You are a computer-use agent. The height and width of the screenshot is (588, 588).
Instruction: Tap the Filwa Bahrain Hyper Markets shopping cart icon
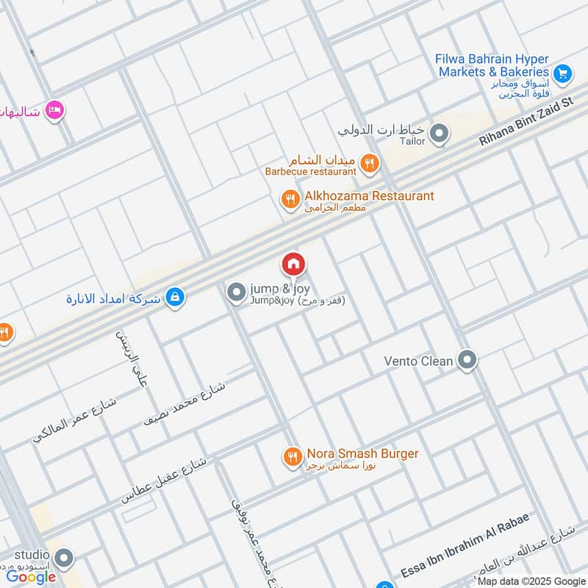pyautogui.click(x=562, y=73)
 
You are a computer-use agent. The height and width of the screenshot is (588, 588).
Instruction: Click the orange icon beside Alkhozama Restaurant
pyautogui.click(x=290, y=198)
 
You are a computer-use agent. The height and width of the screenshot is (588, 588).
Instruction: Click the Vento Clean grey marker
pyautogui.click(x=467, y=360)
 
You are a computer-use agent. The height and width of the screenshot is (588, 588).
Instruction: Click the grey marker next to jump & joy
pyautogui.click(x=236, y=293)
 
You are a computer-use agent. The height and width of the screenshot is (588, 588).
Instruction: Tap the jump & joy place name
pyautogui.click(x=275, y=289)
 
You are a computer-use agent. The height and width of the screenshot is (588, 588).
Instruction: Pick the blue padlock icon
pyautogui.click(x=175, y=298)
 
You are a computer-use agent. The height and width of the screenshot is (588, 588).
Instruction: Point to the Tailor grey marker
pyautogui.click(x=439, y=134)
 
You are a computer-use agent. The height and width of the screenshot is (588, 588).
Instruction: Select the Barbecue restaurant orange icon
pyautogui.click(x=370, y=165)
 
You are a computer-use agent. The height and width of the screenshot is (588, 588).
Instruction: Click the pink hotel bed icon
pyautogui.click(x=54, y=111)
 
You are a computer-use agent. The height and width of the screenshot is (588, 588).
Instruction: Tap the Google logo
pyautogui.click(x=31, y=576)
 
